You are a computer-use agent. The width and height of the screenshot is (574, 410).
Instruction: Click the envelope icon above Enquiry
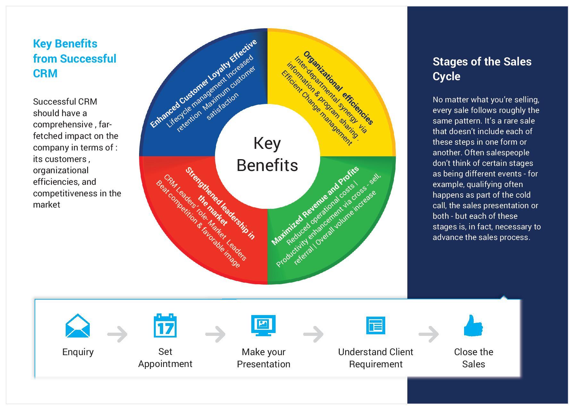point(78,326)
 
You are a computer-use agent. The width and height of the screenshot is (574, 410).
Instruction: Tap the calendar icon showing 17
point(165,326)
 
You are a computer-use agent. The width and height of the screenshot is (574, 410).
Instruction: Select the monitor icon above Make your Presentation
point(263,325)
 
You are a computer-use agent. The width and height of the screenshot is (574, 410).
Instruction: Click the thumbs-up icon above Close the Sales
point(473,326)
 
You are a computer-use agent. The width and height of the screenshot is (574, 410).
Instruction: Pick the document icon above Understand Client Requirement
point(376,325)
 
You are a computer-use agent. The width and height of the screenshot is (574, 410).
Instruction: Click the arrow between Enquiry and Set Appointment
point(117,334)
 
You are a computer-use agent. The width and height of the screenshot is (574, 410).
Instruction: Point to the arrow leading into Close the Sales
point(428,334)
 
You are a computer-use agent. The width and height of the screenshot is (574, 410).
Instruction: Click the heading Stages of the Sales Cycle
point(482,69)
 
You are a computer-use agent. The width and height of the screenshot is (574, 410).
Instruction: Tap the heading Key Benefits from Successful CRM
point(74,58)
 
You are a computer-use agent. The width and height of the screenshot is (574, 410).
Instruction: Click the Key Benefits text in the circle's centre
point(267,154)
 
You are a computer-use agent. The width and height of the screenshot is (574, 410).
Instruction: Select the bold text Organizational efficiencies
point(338,87)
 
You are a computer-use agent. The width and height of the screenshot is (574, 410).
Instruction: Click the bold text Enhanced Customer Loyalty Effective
point(204,83)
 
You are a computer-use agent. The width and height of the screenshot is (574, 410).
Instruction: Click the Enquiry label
point(78,352)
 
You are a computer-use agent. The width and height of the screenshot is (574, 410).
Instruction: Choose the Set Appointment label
point(165,358)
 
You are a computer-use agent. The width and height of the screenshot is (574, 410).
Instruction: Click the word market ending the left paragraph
point(46,205)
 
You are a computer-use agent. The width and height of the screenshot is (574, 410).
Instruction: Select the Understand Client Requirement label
point(376,358)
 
